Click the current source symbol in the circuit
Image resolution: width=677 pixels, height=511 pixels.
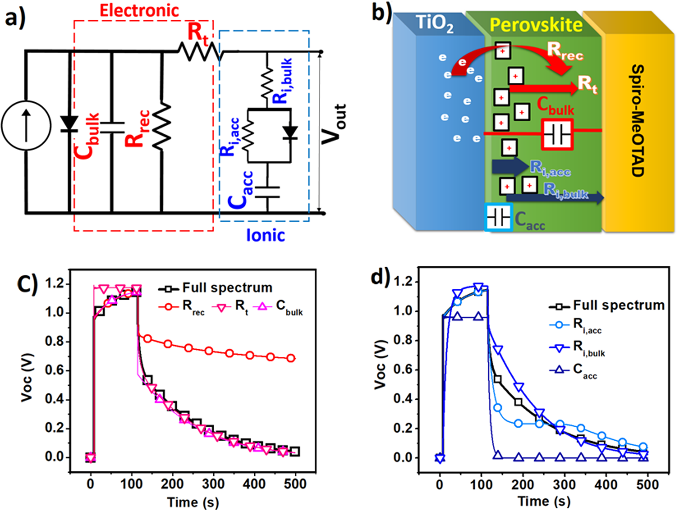(26, 125)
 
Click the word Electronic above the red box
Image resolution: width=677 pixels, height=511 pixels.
(140, 11)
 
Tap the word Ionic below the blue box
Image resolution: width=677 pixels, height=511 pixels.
(265, 235)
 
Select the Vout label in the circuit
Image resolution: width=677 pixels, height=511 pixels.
(334, 124)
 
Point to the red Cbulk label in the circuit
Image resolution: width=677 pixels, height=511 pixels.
(88, 136)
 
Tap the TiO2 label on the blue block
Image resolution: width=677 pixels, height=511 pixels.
(434, 24)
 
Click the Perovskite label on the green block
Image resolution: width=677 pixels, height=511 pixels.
(536, 25)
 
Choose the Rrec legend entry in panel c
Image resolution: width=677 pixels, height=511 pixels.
(182, 307)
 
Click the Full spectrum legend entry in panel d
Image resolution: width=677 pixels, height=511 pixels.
(607, 306)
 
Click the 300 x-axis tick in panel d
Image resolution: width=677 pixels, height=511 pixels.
(564, 484)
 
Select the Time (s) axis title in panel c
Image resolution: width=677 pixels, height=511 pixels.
(193, 502)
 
